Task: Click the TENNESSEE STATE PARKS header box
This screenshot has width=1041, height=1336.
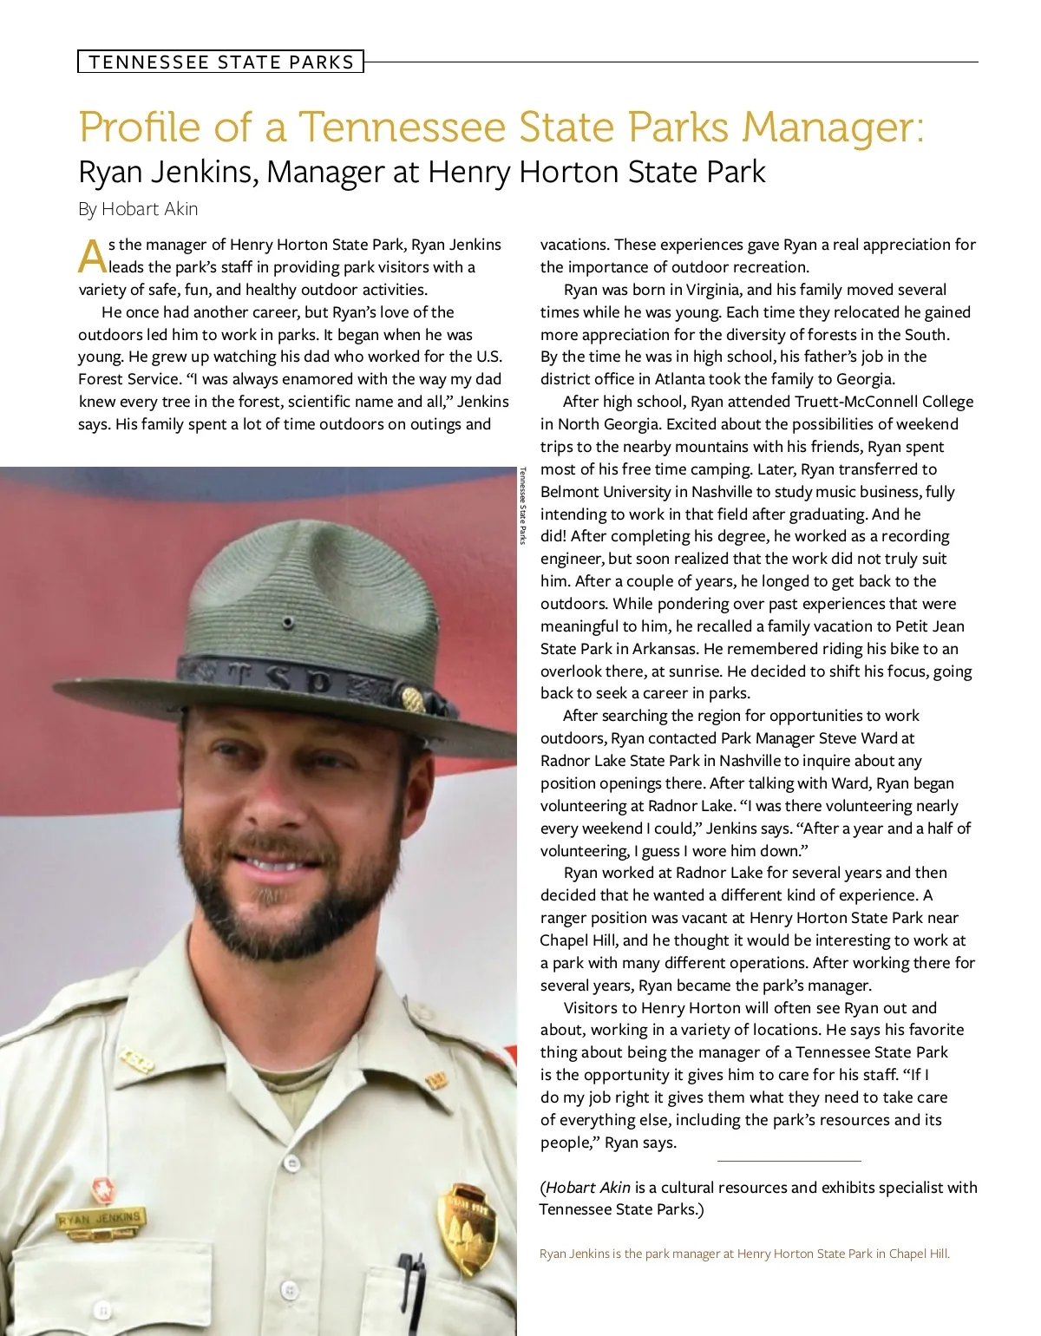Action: pyautogui.click(x=220, y=62)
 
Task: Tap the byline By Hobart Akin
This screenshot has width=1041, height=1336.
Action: pyautogui.click(x=138, y=209)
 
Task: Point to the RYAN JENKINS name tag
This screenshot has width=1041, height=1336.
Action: pyautogui.click(x=99, y=1219)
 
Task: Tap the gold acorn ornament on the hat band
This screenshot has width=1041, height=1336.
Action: pyautogui.click(x=414, y=699)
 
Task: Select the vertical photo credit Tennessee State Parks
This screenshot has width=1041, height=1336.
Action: pyautogui.click(x=523, y=505)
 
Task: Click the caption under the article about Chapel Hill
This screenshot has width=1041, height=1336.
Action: pyautogui.click(x=744, y=1254)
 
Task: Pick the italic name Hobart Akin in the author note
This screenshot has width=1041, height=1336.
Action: pyautogui.click(x=588, y=1187)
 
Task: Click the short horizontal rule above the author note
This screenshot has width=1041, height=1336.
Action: pyautogui.click(x=789, y=1161)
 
